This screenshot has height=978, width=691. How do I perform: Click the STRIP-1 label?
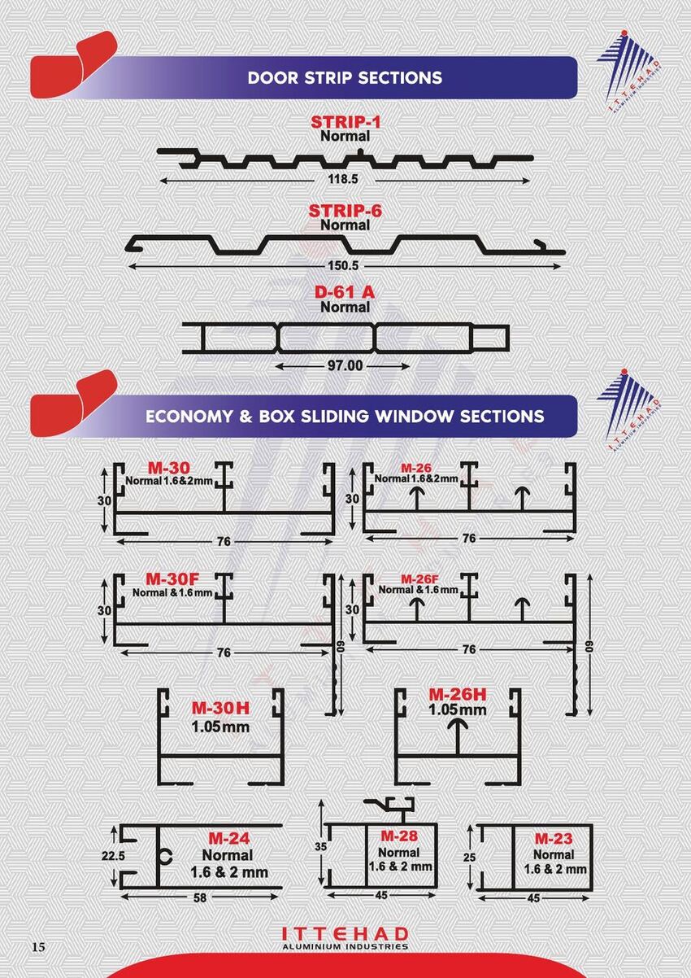(345, 122)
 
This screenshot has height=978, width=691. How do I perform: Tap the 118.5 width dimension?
(343, 179)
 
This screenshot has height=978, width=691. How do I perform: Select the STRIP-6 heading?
(345, 212)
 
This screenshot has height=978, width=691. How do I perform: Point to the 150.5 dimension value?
(343, 265)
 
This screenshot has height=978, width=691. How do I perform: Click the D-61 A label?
(345, 292)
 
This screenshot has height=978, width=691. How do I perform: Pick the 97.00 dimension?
(345, 365)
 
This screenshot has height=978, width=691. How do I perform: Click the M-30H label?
(220, 708)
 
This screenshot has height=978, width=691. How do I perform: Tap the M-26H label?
(457, 695)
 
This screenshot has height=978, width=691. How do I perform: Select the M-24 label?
(229, 838)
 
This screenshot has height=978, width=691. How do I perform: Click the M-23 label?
(554, 838)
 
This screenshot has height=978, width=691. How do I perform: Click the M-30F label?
(172, 579)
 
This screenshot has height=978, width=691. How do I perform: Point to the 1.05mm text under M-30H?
(220, 727)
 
